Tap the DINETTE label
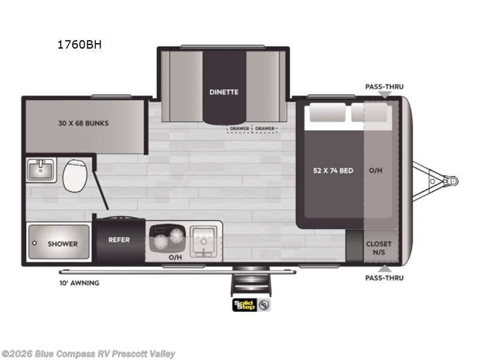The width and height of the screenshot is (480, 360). click(224, 92)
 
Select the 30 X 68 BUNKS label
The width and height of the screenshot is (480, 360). click(84, 123)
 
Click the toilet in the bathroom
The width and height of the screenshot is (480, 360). click(74, 174)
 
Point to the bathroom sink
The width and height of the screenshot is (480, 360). click(41, 169)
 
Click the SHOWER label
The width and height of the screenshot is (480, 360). click(62, 244)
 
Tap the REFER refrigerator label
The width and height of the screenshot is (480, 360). click(119, 240)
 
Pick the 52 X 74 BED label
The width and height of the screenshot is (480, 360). click(333, 170)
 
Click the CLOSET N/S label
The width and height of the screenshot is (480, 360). click(379, 248)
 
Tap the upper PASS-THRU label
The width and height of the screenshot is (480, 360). click(384, 86)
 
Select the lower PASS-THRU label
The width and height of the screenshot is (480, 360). click(384, 278)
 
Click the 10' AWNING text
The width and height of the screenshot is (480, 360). click(79, 283)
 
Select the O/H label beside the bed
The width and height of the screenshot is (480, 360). click(376, 170)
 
